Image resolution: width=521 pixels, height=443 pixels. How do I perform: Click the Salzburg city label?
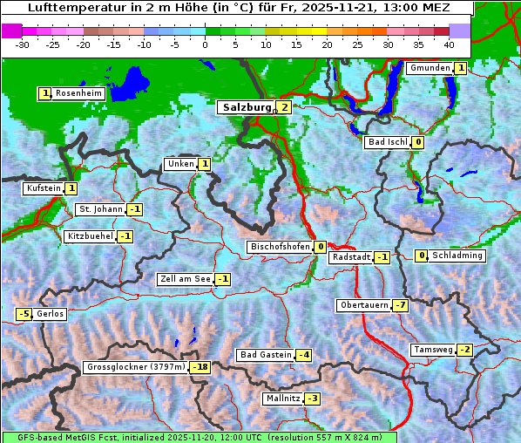tap(247, 107)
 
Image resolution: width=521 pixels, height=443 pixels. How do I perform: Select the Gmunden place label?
tap(430, 68)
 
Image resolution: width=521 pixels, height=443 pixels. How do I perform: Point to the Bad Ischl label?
tap(388, 142)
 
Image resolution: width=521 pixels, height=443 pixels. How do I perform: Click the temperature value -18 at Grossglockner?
tap(201, 367)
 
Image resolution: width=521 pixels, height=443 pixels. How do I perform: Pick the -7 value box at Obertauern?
tap(400, 305)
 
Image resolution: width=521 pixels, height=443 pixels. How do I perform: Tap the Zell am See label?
tap(185, 279)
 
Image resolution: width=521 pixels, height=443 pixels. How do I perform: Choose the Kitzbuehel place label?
tap(89, 236)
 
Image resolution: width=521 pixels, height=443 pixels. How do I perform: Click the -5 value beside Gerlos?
tap(24, 314)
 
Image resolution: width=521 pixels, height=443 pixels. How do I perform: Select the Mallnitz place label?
tap(282, 399)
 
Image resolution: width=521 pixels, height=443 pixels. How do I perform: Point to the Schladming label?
tap(457, 256)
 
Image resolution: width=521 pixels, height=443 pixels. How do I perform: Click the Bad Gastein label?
tap(266, 355)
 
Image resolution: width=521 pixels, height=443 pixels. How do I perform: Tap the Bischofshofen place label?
tap(280, 247)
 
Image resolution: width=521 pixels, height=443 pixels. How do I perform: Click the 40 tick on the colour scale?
tap(449, 44)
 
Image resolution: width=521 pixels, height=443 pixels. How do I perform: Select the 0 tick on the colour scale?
tap(205, 44)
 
